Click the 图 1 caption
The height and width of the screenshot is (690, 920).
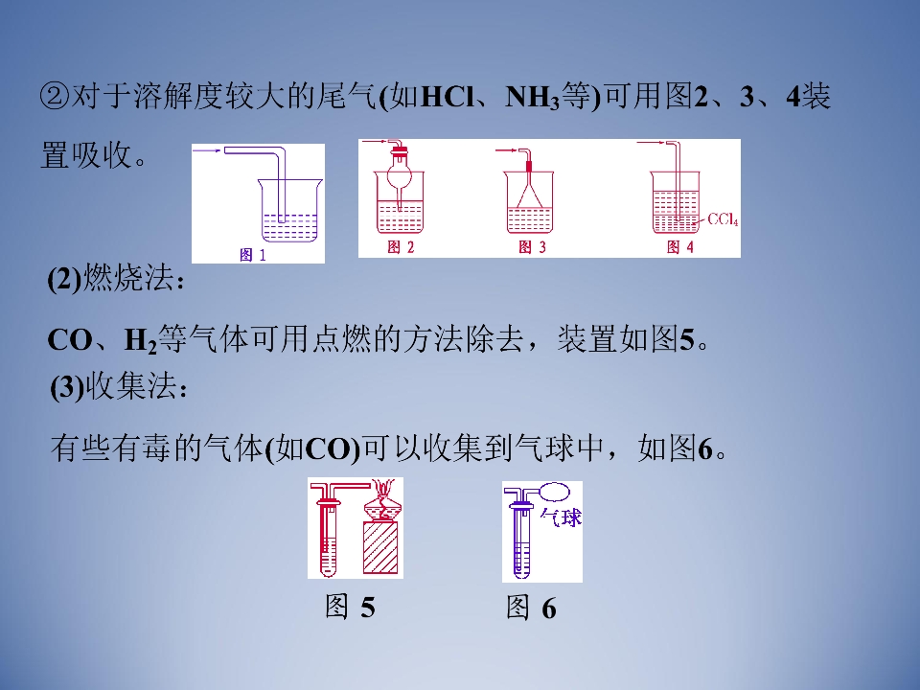253,255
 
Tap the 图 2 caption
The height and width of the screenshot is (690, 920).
401,247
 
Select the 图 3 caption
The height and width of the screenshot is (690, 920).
532,247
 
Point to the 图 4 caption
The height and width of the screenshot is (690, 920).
680,247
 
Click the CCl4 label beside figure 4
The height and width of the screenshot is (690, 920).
723,219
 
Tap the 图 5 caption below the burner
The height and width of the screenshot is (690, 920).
351,607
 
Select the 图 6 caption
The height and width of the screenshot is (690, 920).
531,607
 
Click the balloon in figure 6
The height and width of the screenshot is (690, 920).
554,491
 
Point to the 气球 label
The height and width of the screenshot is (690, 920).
561,517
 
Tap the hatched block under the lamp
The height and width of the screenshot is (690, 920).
380,548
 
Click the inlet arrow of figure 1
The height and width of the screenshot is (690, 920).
207,150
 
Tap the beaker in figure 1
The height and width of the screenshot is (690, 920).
290,210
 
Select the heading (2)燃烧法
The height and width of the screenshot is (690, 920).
116,278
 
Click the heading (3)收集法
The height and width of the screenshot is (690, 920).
119,387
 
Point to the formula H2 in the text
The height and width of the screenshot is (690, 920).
141,341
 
